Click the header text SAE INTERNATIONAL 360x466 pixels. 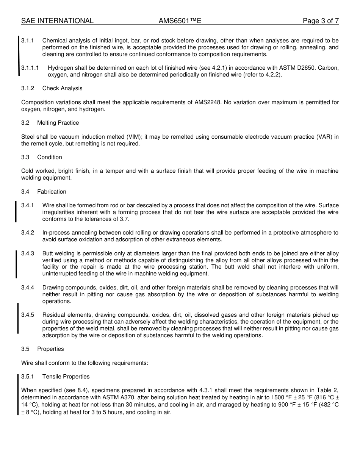pyautogui.click(x=57, y=21)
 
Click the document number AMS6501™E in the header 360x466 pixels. pyautogui.click(x=180, y=21)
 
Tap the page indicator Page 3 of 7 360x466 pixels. pyautogui.click(x=321, y=21)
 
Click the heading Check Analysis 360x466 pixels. pyautogui.click(x=62, y=88)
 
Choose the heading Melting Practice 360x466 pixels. pyautogui.click(x=58, y=123)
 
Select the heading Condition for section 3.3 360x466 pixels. pyautogui.click(x=50, y=157)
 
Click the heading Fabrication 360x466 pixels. pyautogui.click(x=52, y=192)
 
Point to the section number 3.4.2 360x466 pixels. pyautogui.click(x=28, y=233)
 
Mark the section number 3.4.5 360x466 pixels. pyautogui.click(x=28, y=315)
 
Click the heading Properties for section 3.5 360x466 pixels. pyautogui.click(x=50, y=349)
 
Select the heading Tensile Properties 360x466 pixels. pyautogui.click(x=66, y=377)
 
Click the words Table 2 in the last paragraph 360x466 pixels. pyautogui.click(x=327, y=390)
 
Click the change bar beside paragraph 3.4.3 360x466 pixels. pyautogui.click(x=16, y=264)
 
